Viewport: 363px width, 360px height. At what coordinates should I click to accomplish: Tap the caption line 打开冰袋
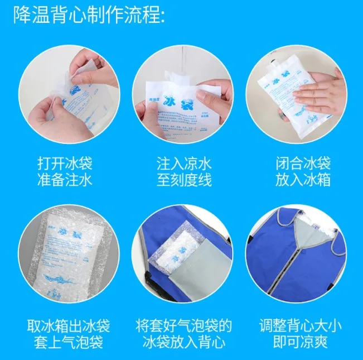(69, 164)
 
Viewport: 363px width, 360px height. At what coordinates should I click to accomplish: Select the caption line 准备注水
(69, 180)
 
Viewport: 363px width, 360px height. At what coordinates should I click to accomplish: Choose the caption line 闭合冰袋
(303, 164)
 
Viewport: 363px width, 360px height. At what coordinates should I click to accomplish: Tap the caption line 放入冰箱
(303, 180)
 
